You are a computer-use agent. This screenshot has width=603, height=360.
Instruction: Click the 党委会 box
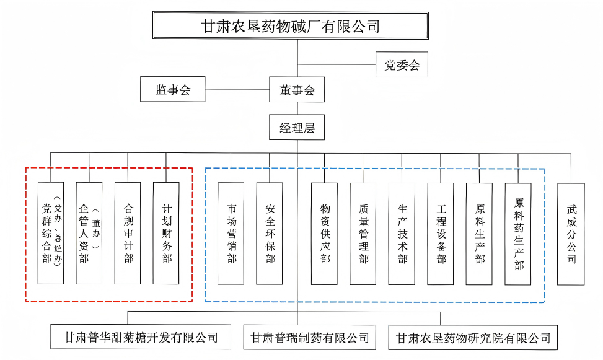point(402,65)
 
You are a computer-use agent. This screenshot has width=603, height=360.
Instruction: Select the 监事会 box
point(172,90)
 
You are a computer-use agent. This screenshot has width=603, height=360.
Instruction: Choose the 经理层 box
point(297,128)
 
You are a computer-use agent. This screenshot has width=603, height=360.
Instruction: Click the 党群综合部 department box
point(50,233)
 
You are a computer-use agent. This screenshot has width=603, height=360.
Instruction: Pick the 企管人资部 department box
point(89,233)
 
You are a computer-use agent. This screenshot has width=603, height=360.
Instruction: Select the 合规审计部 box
point(128,233)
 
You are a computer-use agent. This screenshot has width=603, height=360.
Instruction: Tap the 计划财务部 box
point(166,233)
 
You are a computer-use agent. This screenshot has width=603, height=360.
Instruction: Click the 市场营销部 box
point(231,233)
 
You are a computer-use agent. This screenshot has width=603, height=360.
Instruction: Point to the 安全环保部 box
point(270,233)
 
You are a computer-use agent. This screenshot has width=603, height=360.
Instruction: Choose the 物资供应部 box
point(325,233)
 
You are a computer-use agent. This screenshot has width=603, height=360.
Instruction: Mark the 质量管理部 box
point(363,233)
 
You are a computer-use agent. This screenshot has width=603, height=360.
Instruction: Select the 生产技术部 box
point(402,233)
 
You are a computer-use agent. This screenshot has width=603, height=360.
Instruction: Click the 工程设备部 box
point(441,233)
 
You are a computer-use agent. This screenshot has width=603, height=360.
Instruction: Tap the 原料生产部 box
point(479,233)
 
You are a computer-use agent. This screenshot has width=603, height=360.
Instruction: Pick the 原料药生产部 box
point(518,233)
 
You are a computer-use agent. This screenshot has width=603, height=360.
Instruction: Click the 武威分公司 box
point(571,233)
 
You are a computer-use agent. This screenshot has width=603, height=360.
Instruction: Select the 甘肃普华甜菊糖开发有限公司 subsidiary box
point(141,338)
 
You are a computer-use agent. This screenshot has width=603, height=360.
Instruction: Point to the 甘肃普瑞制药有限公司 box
point(310,338)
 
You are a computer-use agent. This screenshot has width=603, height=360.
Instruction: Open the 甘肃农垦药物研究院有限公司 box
point(473,338)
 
